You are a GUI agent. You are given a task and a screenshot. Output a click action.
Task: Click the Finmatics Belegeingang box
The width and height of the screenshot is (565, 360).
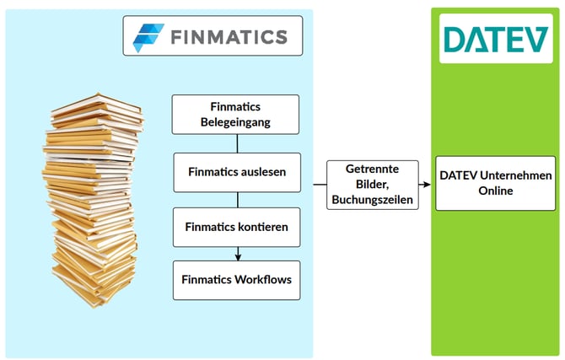click(236, 115)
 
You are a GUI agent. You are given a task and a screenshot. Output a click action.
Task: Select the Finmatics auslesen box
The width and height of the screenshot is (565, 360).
click(236, 171)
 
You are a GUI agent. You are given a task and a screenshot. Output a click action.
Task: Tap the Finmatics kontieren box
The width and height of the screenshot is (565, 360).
click(236, 227)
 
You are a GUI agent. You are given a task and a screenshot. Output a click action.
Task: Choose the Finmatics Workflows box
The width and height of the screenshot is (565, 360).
click(236, 280)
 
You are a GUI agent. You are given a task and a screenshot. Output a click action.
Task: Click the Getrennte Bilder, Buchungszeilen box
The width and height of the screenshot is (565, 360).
click(372, 184)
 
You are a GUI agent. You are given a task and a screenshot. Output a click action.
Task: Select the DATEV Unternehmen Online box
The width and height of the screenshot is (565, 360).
click(495, 183)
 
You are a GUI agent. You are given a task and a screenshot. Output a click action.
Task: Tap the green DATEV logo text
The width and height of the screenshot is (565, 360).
click(495, 39)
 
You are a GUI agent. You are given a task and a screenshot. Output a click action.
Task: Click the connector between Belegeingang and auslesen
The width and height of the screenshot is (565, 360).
click(237, 143)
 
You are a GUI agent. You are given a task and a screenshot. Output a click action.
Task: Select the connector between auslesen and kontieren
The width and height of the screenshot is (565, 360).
click(237, 199)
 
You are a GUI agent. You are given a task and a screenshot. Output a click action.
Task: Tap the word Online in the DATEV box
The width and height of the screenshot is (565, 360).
click(495, 191)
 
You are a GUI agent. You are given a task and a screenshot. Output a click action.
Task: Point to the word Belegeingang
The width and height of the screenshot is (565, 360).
click(236, 121)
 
